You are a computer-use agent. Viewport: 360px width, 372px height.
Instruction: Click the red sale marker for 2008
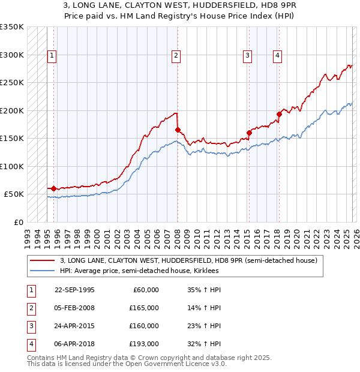coord(178,130)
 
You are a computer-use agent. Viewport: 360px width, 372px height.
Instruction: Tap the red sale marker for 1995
coord(54,188)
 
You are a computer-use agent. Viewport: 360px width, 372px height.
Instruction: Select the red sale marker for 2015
coord(249,133)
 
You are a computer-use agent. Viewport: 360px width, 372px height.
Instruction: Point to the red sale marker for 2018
coord(279,114)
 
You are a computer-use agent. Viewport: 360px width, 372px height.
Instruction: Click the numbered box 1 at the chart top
coord(52,56)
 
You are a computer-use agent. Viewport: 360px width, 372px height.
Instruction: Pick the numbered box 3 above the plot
coord(247,56)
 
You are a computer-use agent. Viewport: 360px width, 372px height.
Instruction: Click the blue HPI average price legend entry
coord(139,271)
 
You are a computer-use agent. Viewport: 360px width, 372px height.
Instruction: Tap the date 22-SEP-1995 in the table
coord(74,290)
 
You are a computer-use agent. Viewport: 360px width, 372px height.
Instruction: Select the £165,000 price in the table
coord(144,308)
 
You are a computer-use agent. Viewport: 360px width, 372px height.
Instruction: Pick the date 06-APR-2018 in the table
coord(74,344)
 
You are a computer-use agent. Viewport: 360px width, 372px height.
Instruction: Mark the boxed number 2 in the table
coord(29,308)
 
